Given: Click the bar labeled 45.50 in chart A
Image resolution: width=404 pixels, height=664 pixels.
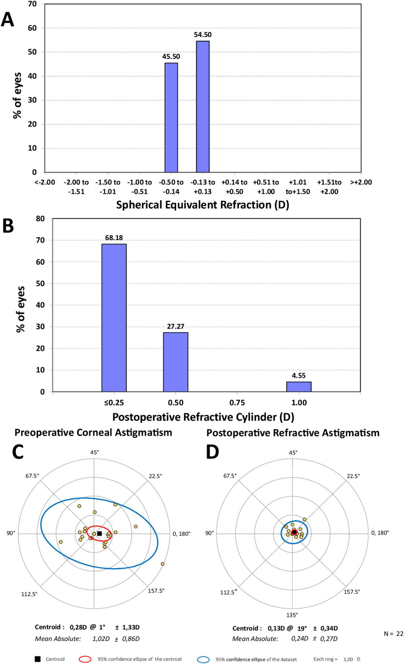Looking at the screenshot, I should tap(171, 117).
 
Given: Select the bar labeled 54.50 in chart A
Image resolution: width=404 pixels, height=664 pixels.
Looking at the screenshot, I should tap(203, 107).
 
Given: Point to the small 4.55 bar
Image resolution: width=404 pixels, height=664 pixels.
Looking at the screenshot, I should tap(298, 386).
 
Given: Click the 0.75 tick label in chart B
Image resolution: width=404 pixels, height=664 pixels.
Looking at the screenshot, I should tap(237, 403).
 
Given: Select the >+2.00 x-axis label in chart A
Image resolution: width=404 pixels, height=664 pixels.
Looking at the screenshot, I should tap(361, 182).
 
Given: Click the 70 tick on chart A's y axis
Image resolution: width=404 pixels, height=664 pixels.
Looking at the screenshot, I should tap(32, 4).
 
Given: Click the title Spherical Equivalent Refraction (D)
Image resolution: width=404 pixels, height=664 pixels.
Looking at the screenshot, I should tap(203, 205).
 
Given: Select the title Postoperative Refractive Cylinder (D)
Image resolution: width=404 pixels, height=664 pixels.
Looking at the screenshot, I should tap(203, 417).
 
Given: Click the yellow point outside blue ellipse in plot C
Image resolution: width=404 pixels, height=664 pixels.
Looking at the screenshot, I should tap(162, 564).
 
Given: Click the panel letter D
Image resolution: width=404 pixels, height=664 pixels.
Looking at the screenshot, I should tap(212, 452).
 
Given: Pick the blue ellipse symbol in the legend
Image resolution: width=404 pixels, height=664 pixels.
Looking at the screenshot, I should tap(203, 659).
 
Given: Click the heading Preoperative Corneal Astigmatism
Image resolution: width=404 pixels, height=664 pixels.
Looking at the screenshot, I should tap(93, 432).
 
